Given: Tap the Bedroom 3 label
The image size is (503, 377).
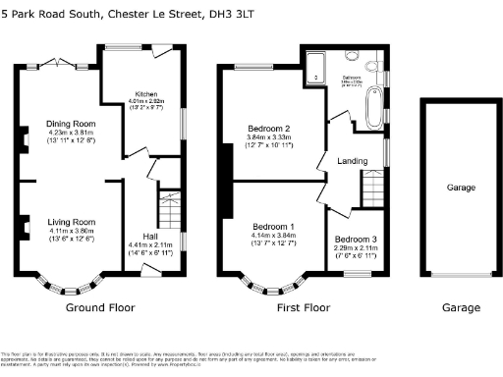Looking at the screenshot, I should [x=355, y=240].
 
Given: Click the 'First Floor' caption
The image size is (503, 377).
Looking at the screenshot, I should [x=304, y=307].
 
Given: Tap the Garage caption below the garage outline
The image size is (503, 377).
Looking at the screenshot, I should [x=460, y=307].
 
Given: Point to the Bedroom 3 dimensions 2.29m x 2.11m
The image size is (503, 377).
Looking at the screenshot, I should [x=355, y=247].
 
